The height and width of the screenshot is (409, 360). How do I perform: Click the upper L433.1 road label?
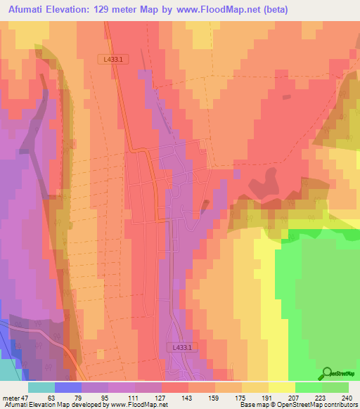point(112,60)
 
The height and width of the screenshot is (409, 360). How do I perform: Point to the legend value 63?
point(51,397)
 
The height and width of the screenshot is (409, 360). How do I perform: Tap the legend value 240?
point(345,397)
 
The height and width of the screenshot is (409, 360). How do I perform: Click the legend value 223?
point(321,397)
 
